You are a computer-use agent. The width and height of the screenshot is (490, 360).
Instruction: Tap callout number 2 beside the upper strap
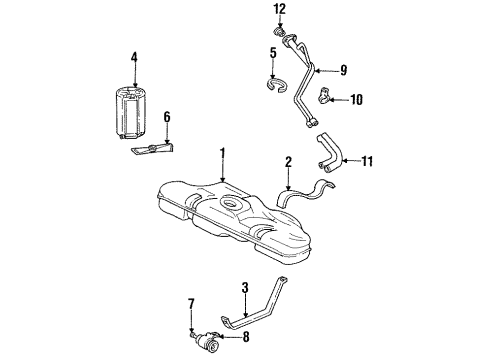(287, 160)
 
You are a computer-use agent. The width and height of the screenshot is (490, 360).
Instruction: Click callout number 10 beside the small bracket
(358, 99)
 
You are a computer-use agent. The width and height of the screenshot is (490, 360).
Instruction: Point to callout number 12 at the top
(280, 9)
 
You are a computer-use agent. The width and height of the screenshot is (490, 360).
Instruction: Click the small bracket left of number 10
(326, 98)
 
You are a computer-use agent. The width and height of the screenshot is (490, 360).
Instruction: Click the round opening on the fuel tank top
(232, 207)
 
